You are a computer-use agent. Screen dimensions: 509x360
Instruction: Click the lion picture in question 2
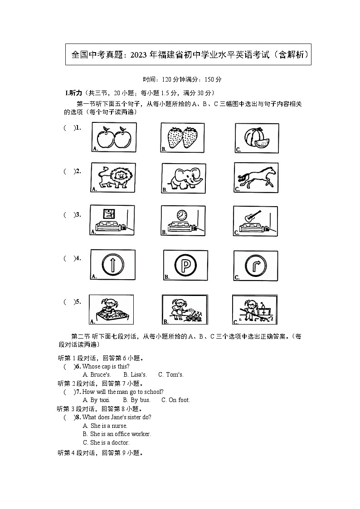coord(113,178)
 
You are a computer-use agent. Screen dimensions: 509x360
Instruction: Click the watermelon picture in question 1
coord(257,138)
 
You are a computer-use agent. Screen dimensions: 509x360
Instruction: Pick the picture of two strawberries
coord(183,138)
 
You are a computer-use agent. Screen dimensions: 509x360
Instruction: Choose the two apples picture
coord(114,137)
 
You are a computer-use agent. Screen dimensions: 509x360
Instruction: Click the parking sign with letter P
coord(185,265)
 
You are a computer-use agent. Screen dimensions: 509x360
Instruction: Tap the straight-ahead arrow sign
coord(112,265)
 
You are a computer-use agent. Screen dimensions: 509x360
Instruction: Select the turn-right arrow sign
coord(256,265)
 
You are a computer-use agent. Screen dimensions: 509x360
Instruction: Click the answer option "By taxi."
coord(97,400)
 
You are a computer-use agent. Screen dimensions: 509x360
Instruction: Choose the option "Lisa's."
coord(135,375)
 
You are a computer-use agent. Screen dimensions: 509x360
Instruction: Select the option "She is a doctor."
coord(106,443)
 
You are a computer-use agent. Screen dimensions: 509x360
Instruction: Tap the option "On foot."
coord(175,400)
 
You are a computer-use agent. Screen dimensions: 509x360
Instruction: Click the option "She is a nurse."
coord(105,426)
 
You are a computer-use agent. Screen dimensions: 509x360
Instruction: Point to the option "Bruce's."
coord(97,375)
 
